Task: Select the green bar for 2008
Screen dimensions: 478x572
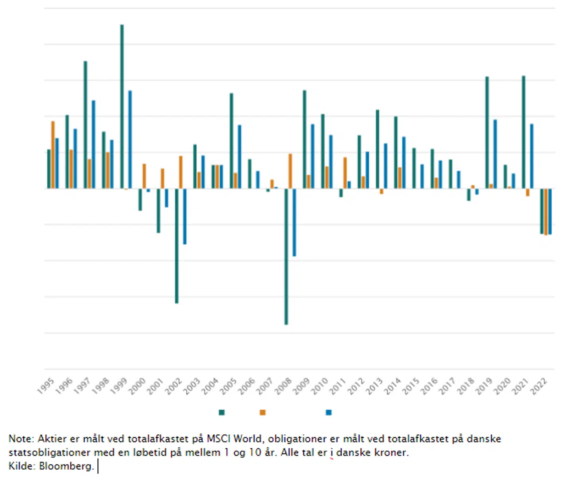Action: pyautogui.click(x=286, y=256)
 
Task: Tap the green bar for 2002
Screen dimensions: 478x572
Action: pyautogui.click(x=177, y=246)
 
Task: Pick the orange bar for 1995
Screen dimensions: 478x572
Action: pyautogui.click(x=53, y=155)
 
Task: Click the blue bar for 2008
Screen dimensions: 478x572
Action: pyautogui.click(x=294, y=222)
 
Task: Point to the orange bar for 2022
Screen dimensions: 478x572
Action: pyautogui.click(x=546, y=212)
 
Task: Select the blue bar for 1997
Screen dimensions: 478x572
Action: pyautogui.click(x=93, y=145)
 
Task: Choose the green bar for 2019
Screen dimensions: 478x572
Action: pyautogui.click(x=487, y=133)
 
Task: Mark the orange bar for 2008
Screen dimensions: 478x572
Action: pyautogui.click(x=290, y=171)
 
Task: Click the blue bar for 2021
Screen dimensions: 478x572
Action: pyautogui.click(x=531, y=156)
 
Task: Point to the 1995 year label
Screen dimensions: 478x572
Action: pyautogui.click(x=46, y=386)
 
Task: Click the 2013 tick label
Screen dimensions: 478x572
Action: pyautogui.click(x=374, y=386)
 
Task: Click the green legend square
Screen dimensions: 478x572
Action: pyautogui.click(x=222, y=412)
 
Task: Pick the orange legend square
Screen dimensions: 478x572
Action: pyautogui.click(x=263, y=412)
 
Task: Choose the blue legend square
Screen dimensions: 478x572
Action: pyautogui.click(x=329, y=412)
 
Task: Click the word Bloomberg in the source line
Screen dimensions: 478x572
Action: pyautogui.click(x=66, y=466)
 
